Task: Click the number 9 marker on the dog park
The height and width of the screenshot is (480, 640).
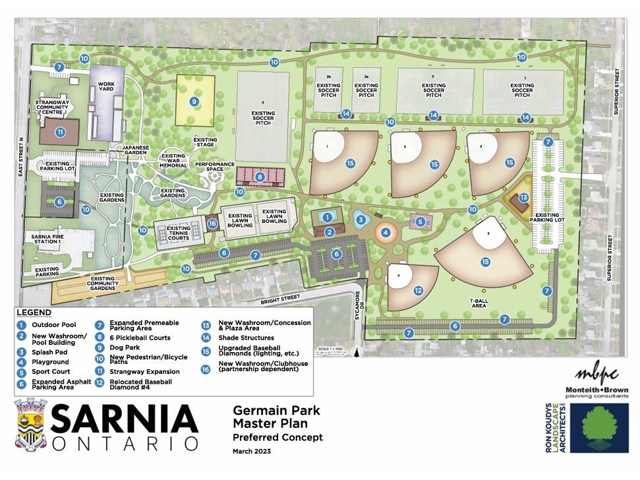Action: point(194,102)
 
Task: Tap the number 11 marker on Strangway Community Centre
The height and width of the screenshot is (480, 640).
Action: point(60,132)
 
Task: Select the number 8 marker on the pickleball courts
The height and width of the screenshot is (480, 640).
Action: point(260,177)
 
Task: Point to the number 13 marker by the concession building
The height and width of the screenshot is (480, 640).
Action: point(523,197)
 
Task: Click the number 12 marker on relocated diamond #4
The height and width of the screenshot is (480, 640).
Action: point(418,289)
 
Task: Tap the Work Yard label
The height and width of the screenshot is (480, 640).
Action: point(107,88)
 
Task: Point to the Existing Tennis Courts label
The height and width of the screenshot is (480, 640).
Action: point(173,232)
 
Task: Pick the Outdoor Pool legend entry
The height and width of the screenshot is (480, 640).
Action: point(55,325)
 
